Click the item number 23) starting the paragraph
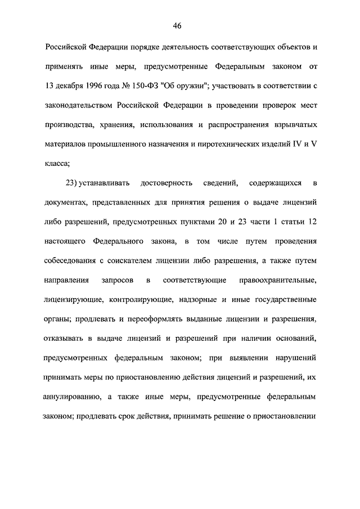click(75, 183)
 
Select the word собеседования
click(76, 260)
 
